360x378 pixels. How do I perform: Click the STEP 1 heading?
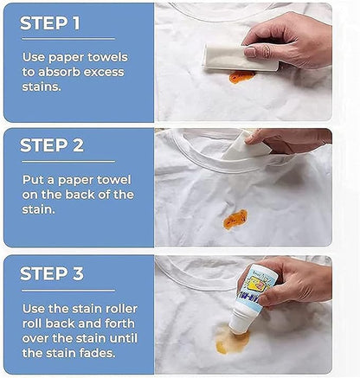point(49,22)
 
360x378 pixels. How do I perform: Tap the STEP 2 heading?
point(52,145)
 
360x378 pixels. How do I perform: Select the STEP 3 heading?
point(52,273)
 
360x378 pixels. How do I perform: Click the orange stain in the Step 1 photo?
point(242,77)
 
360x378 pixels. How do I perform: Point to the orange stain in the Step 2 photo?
point(235,220)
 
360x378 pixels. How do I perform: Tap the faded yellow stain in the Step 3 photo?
point(232,340)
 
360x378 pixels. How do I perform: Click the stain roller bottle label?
point(257,288)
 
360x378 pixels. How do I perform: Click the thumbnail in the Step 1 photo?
point(250,52)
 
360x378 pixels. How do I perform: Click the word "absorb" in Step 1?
point(59,72)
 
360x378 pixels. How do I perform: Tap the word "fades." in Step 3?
point(96,353)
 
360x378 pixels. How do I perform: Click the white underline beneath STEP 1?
point(68,38)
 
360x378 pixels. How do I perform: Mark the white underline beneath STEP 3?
point(68,291)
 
